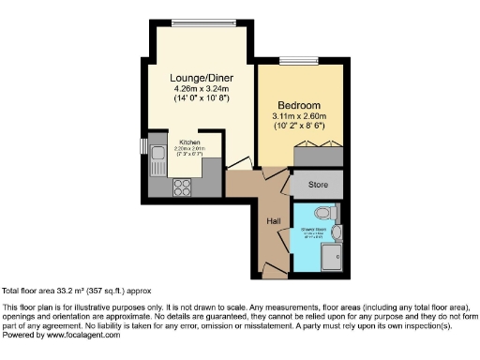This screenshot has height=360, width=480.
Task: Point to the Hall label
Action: [274, 220]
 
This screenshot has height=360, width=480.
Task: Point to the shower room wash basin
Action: [337, 232]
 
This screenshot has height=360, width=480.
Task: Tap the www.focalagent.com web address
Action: [71, 334]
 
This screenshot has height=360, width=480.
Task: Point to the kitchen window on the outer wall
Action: [143, 148]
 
